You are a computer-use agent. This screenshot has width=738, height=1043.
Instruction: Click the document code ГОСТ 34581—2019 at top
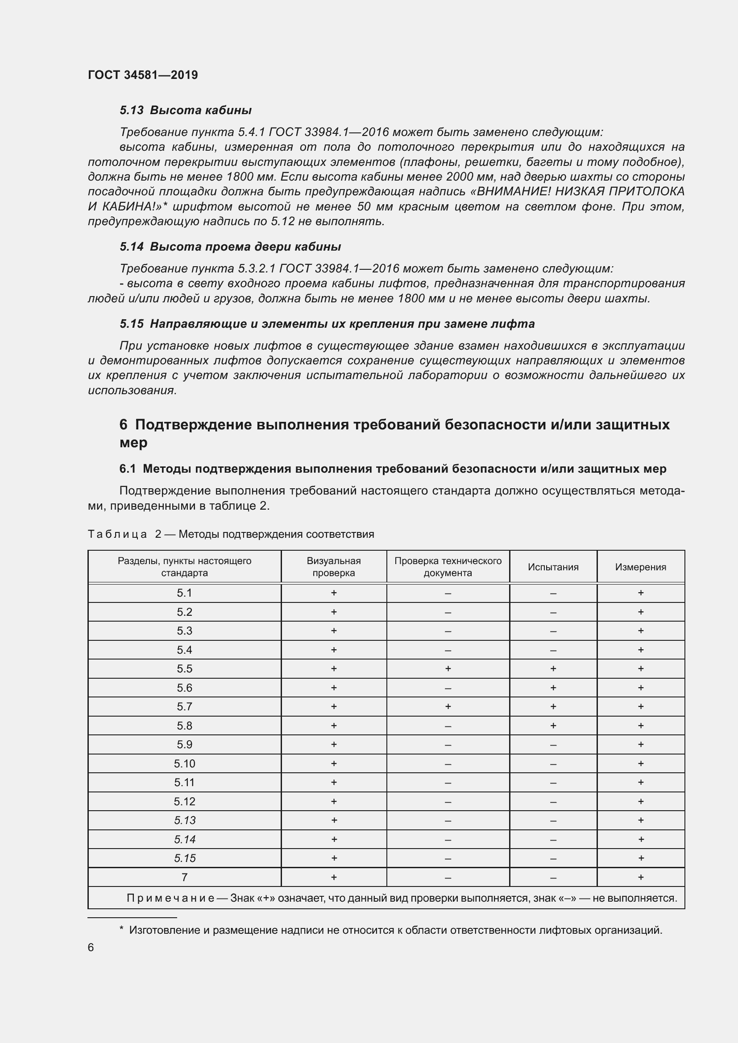(143, 75)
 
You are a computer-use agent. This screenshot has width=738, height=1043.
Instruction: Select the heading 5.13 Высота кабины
(186, 110)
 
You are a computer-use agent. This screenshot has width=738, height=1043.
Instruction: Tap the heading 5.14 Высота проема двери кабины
(230, 247)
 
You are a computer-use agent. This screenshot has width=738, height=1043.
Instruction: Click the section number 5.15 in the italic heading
(132, 324)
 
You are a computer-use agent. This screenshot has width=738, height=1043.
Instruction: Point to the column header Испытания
(553, 567)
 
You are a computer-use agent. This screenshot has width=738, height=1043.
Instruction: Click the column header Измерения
(640, 567)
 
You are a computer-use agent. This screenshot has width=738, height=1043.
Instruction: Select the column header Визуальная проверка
(334, 567)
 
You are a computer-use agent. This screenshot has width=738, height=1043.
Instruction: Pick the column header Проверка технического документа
(448, 567)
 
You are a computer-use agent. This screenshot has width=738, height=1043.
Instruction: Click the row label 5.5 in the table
(185, 669)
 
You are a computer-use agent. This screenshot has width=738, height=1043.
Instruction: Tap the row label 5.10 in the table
(185, 763)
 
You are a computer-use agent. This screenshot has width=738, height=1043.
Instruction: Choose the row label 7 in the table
(185, 877)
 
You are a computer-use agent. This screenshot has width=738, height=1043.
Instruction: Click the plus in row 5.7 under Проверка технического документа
(448, 706)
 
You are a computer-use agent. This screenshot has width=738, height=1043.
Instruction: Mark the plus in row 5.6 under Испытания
(553, 688)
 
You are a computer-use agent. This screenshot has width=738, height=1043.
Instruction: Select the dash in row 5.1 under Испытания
(553, 593)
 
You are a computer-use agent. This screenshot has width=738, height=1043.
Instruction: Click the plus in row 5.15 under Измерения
(640, 858)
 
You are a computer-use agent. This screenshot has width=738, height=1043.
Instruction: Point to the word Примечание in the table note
(170, 898)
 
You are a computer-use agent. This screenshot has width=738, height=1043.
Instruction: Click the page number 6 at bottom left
(91, 948)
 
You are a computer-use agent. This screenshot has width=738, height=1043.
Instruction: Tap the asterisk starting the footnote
(121, 929)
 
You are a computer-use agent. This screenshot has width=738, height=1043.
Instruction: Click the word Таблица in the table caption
(117, 534)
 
